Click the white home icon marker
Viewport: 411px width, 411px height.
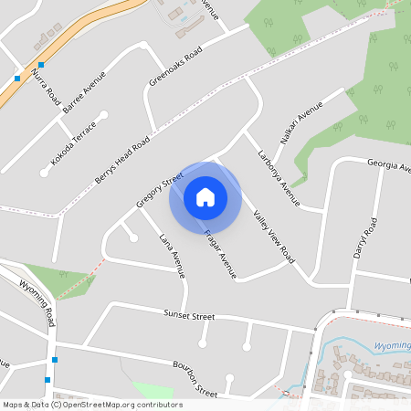coord(205,196)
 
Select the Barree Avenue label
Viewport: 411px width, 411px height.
coord(84,92)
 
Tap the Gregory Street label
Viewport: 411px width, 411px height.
coord(154,187)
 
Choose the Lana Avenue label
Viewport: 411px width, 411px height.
coord(173,255)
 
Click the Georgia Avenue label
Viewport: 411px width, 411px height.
coord(388,163)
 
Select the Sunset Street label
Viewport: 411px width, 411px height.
coord(189,316)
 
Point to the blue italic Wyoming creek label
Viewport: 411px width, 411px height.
coord(392,346)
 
